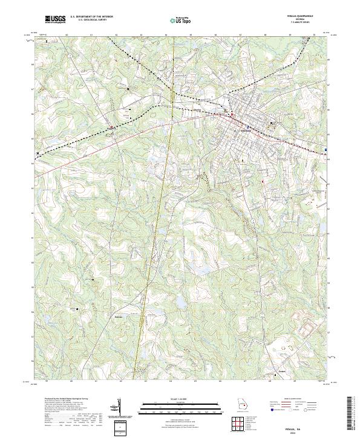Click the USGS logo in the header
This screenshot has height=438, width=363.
(55, 20)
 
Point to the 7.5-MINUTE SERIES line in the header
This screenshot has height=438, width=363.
(301, 24)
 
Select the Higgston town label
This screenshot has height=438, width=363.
(113, 127)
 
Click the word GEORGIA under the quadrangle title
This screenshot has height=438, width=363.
(301, 21)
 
